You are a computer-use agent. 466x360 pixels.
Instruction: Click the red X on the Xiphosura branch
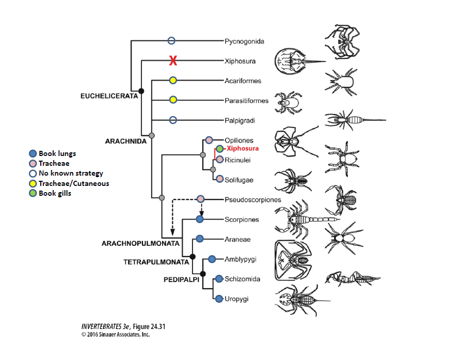coord(173,61)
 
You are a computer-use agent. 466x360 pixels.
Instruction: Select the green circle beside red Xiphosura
coord(219,148)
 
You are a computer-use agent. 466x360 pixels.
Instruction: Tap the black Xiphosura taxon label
coord(240,61)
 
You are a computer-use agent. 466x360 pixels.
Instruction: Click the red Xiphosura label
coord(243,148)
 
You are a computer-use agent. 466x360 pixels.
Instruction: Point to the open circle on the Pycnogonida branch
coord(171,40)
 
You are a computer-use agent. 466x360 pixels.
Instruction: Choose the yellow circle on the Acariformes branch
coord(173,81)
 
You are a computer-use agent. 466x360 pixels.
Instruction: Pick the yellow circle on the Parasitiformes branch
coord(173,100)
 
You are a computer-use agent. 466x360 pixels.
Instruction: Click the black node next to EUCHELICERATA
coord(141,91)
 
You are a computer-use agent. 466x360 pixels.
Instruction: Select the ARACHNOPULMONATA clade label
coord(140,243)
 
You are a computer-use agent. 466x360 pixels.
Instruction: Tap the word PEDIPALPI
coord(181,279)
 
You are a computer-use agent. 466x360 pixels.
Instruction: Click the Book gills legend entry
coord(50,193)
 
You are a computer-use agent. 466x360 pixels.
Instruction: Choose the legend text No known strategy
coord(71,173)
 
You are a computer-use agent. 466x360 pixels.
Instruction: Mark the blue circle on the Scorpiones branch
coord(200,220)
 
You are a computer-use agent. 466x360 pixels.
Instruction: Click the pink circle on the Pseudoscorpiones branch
coord(201,199)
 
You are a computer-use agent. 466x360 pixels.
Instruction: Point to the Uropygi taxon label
coord(236,299)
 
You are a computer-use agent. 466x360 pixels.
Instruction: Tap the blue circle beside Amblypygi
coord(212,259)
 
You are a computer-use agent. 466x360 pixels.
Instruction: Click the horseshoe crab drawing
coord(299,61)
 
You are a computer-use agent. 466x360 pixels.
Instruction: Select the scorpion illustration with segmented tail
coord(306,220)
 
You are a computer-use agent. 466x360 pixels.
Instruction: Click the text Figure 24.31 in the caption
coord(149,326)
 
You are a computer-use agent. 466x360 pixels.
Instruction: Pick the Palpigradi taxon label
coord(240,120)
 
